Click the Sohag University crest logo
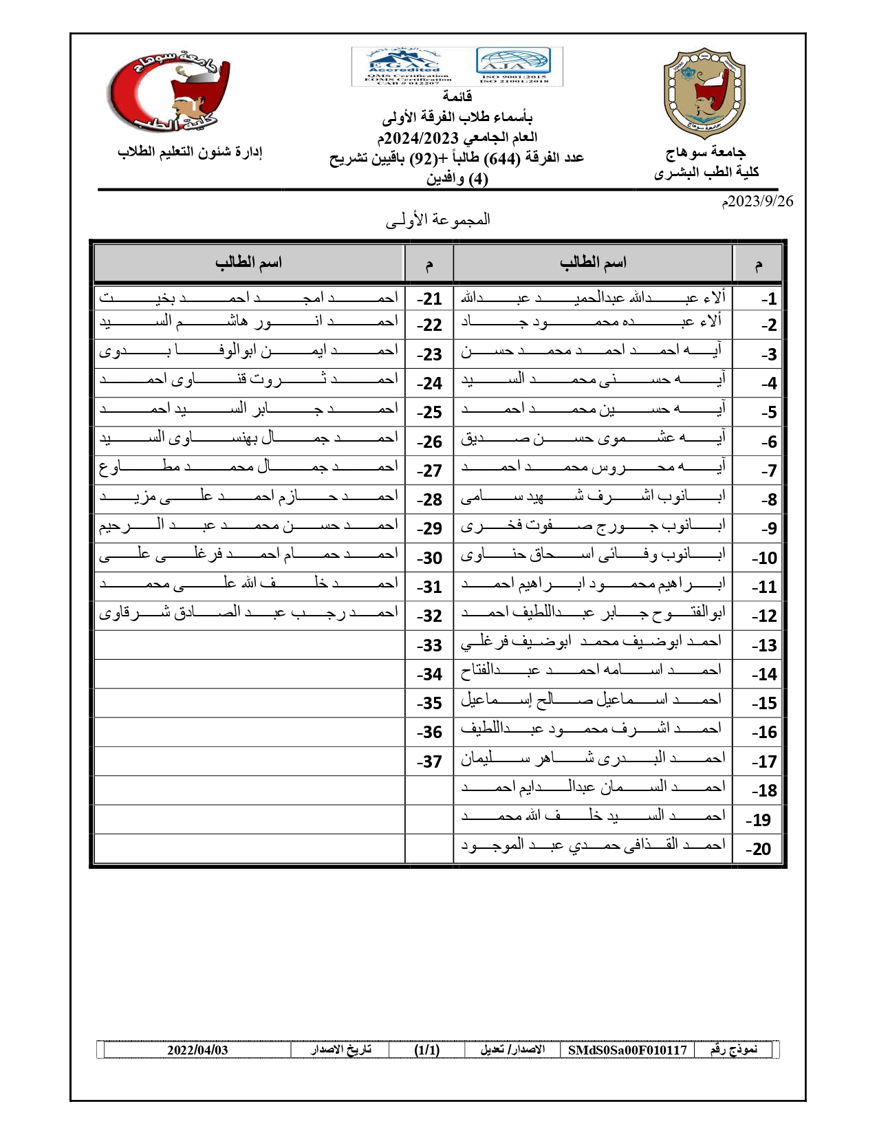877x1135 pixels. click(704, 93)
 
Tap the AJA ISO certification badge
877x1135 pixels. click(513, 65)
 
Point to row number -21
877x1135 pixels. click(429, 299)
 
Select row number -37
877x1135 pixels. click(429, 762)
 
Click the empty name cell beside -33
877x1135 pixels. click(249, 645)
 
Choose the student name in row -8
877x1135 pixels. click(593, 497)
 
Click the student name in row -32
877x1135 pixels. click(249, 612)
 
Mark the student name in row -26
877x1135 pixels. click(249, 438)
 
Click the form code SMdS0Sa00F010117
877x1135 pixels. click(627, 1050)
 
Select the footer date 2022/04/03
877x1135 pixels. click(197, 1050)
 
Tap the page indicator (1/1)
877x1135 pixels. click(426, 1050)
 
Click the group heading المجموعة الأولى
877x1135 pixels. click(438, 220)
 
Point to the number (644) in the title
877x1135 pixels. click(502, 158)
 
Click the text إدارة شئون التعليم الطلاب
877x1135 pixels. click(190, 152)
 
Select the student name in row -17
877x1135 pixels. click(593, 759)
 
